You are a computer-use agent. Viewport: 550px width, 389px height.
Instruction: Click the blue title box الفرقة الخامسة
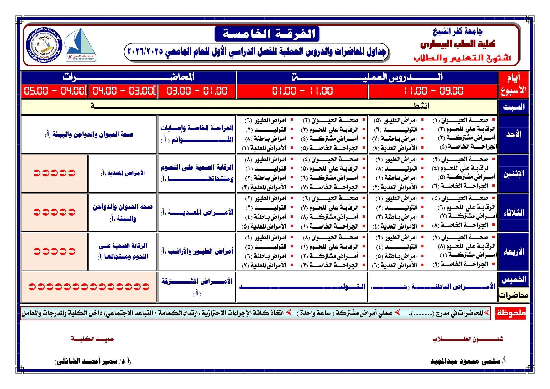coord(267,34)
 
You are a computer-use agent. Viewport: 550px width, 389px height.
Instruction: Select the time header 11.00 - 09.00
coord(433,91)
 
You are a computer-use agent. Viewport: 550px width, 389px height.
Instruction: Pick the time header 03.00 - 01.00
coord(197,91)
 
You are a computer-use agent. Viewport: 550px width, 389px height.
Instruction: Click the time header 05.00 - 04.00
coord(54,91)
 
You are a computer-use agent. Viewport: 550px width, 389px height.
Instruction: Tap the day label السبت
coord(513,107)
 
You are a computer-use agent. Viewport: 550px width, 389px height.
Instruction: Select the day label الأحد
coord(513,134)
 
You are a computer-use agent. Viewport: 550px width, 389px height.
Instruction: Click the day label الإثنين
coord(513,174)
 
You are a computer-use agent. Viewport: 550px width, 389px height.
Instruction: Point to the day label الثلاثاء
coord(513,213)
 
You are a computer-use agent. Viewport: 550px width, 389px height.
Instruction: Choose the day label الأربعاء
coord(513,252)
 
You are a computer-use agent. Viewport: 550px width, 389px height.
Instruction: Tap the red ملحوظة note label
coord(510,313)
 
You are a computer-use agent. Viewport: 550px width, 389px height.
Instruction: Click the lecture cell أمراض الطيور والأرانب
coord(197,251)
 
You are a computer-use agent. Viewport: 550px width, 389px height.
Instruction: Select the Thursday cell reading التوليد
coord(302,286)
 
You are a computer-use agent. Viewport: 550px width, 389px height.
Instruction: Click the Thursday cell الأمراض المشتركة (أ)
coord(197,286)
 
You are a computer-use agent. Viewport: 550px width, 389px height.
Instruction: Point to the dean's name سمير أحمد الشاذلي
coord(93,361)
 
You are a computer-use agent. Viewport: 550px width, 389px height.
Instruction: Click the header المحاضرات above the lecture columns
coord(128,77)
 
